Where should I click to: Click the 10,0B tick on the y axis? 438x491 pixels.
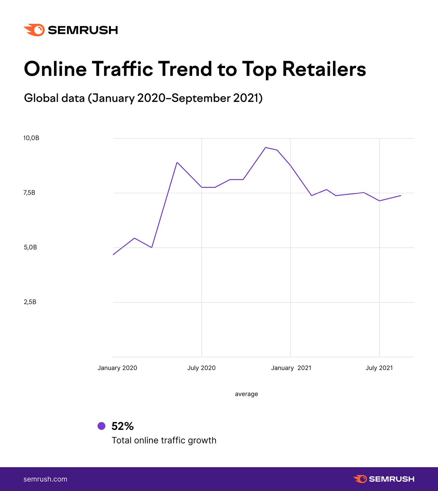(x=31, y=138)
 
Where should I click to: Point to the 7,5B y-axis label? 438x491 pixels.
(x=29, y=193)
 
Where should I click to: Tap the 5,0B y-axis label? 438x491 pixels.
(x=30, y=247)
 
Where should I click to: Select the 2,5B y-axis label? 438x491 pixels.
(x=30, y=302)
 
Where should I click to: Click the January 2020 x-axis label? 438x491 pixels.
(x=117, y=368)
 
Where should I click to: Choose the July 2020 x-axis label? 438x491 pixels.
(x=201, y=368)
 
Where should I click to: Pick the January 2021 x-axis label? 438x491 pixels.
(x=291, y=368)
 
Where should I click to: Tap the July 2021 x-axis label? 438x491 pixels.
(x=379, y=368)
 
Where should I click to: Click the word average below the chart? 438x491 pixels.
(x=246, y=394)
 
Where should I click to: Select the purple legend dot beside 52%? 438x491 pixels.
(x=102, y=426)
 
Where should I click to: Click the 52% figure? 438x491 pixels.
(x=122, y=426)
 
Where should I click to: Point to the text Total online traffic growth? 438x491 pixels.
(x=164, y=440)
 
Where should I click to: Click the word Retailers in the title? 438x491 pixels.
(x=324, y=69)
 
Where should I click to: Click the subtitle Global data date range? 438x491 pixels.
(x=143, y=98)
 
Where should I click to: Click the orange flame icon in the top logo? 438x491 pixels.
(x=35, y=30)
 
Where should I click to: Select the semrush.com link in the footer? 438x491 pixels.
(x=45, y=479)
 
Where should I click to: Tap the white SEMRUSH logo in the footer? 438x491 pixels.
(x=384, y=479)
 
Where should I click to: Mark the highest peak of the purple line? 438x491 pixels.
(x=265, y=147)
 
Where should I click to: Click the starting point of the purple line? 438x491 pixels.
(x=113, y=254)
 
